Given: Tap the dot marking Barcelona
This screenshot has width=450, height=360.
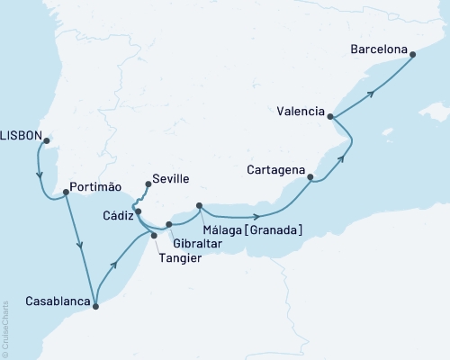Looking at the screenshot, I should point(413,55).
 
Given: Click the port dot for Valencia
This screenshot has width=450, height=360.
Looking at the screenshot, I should point(331,117).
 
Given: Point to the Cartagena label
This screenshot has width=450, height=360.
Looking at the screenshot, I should point(275,168).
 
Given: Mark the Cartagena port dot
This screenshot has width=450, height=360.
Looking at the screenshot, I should point(310,178).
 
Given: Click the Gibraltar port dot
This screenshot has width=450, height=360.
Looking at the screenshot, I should point(168,224).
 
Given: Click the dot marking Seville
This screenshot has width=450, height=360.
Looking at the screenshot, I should point(148,184).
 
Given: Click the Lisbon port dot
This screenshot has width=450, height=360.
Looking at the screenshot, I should point(47,139).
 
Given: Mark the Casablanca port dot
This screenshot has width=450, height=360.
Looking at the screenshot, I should point(95,306).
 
